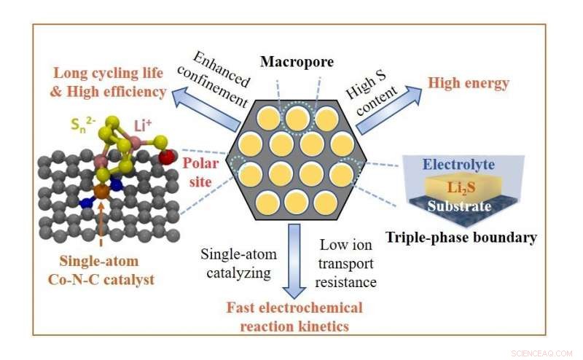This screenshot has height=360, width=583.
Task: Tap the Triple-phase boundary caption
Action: point(461,237)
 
